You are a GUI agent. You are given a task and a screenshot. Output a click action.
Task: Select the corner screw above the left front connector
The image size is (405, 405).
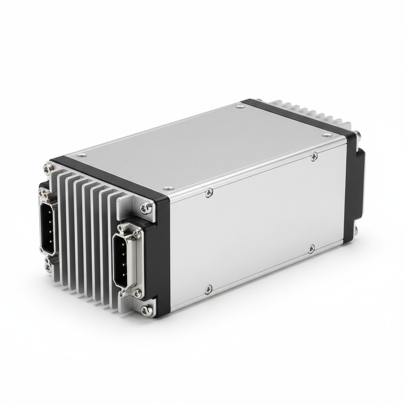48,168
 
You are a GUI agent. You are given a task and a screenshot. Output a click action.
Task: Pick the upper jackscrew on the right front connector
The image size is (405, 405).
137,234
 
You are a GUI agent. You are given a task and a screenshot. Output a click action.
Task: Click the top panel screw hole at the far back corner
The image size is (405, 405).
240,106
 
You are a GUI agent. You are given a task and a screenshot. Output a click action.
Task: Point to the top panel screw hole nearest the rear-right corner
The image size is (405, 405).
327,135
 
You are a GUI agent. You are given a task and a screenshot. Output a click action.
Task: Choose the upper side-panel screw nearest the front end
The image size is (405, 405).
209,193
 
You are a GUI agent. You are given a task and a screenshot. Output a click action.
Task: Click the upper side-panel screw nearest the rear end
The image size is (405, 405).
314,157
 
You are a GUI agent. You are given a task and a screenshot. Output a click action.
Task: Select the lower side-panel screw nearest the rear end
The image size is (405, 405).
311,249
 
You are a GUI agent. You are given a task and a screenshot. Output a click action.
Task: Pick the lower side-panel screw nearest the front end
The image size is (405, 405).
209,290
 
